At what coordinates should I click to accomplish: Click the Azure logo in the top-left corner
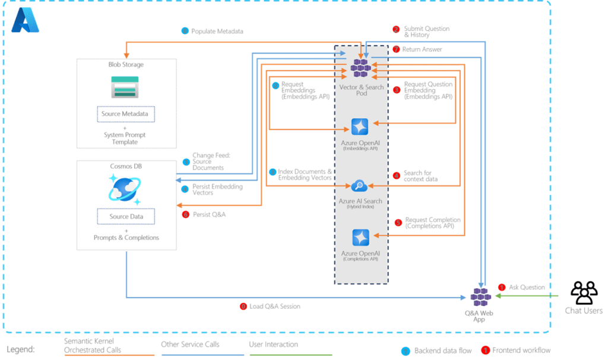click(25, 22)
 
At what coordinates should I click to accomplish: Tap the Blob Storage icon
click(124, 87)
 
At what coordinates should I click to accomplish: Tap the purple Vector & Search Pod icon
click(360, 68)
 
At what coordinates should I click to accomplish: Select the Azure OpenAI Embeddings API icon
click(360, 127)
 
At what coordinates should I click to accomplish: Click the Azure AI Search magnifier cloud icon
click(360, 186)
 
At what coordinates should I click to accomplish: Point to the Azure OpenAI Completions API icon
click(360, 237)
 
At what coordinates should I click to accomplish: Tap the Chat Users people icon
click(584, 292)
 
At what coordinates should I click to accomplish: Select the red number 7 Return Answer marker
click(396, 49)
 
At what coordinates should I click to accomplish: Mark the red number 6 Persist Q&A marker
click(186, 214)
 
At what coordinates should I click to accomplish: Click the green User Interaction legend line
click(291, 355)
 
